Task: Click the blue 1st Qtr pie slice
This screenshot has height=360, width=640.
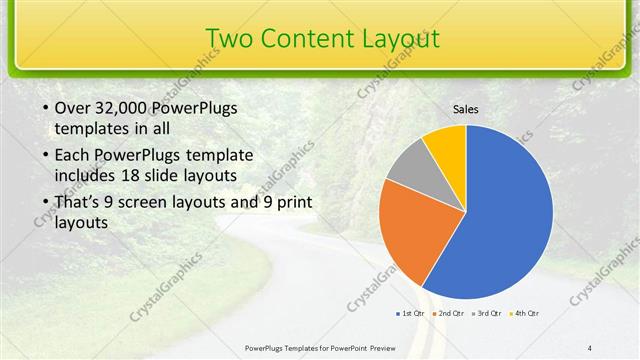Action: pos(505,220)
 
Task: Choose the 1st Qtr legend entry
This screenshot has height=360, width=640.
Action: pos(411,314)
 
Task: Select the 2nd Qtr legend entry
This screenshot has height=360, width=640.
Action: pos(449,314)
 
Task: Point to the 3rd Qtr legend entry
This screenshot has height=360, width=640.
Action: pos(488,314)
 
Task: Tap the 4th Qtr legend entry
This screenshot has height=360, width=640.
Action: pos(527,314)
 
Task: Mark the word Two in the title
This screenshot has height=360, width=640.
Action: pos(228,38)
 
